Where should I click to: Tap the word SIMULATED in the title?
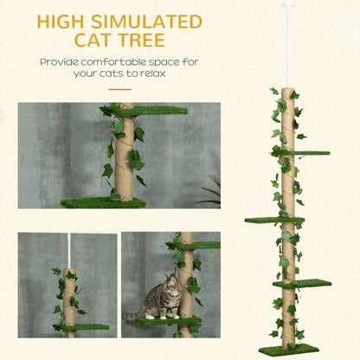coord(153,20)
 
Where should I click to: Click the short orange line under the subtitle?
coord(120,87)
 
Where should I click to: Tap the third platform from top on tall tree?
coord(304,283)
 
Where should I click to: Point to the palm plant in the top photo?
coord(209,194)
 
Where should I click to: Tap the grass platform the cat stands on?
coord(164,321)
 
